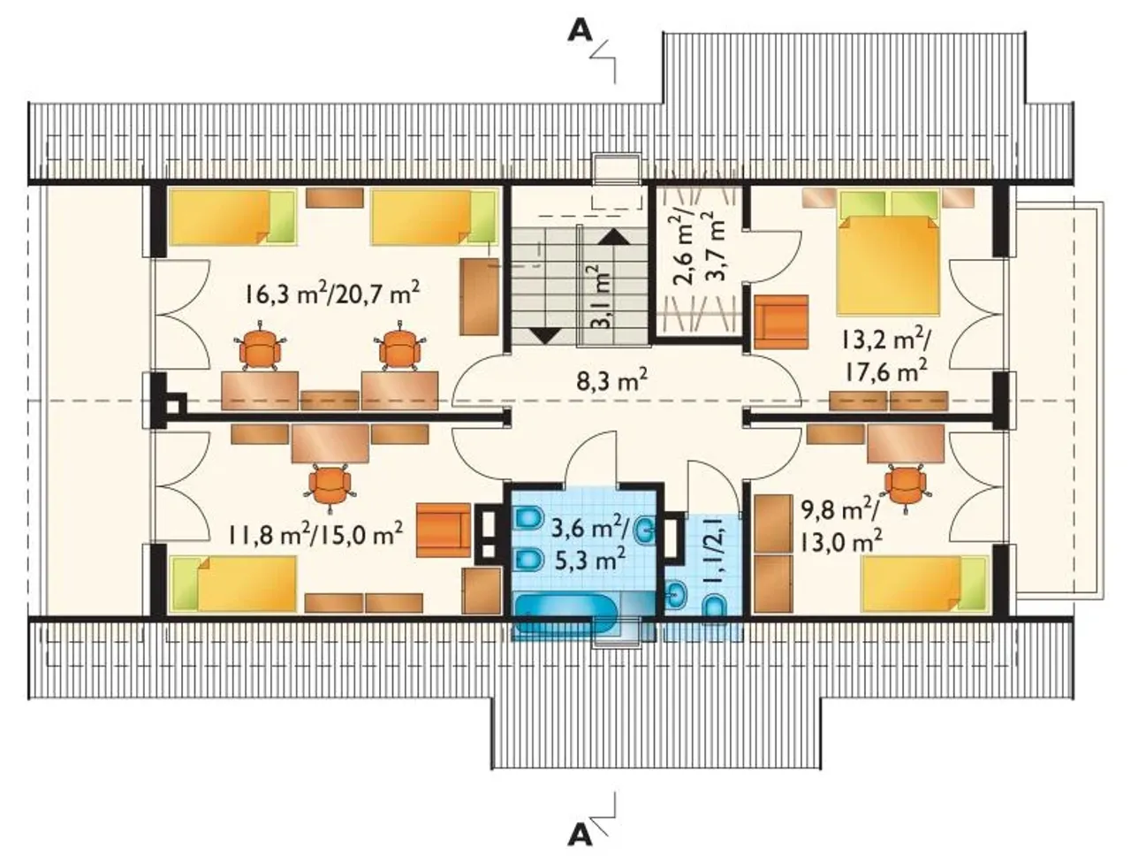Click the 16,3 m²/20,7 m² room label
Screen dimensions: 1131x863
pyautogui.click(x=332, y=294)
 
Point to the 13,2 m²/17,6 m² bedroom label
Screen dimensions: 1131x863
pyautogui.click(x=885, y=355)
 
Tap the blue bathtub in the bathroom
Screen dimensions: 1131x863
pyautogui.click(x=565, y=614)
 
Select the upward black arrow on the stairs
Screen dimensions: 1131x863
pyautogui.click(x=614, y=237)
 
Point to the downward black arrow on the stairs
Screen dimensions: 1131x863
pyautogui.click(x=544, y=336)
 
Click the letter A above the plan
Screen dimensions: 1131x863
pyautogui.click(x=580, y=31)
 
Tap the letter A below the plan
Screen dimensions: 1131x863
pyautogui.click(x=580, y=836)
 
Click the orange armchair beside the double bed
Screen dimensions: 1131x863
pyautogui.click(x=781, y=322)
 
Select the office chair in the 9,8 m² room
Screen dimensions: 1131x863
pyautogui.click(x=906, y=485)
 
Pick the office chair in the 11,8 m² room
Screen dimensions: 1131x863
pyautogui.click(x=330, y=485)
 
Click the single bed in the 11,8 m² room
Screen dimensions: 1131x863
pyautogui.click(x=235, y=583)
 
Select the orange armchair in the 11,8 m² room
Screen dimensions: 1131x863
pyautogui.click(x=444, y=531)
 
